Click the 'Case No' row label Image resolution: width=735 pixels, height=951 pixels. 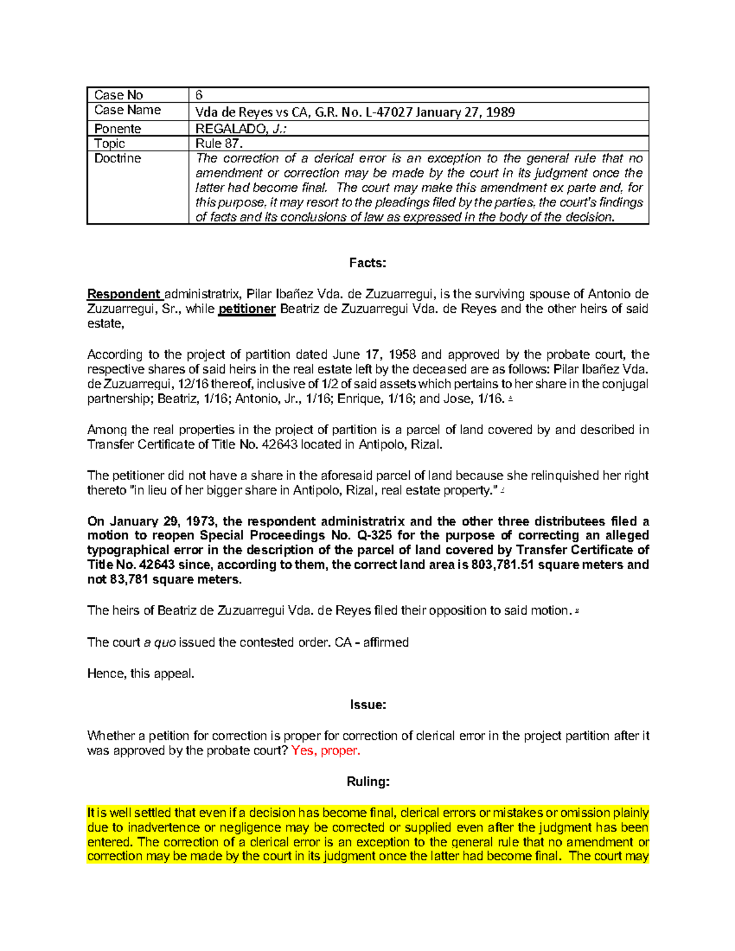point(118,95)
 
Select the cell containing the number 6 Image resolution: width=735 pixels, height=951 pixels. point(199,95)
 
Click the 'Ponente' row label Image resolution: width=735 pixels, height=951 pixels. point(118,129)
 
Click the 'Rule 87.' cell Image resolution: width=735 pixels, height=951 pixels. point(219,143)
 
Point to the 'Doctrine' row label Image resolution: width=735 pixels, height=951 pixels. point(118,158)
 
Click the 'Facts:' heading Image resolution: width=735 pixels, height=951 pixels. point(367,263)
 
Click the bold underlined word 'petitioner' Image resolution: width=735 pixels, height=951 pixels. point(247,309)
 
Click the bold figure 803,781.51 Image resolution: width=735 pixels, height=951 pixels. point(503,565)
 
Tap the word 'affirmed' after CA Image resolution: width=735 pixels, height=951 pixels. point(386,642)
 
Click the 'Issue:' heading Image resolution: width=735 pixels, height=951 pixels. point(367,705)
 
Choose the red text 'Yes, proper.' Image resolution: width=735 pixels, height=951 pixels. point(326,751)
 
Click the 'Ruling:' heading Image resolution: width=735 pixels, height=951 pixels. point(367,782)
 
